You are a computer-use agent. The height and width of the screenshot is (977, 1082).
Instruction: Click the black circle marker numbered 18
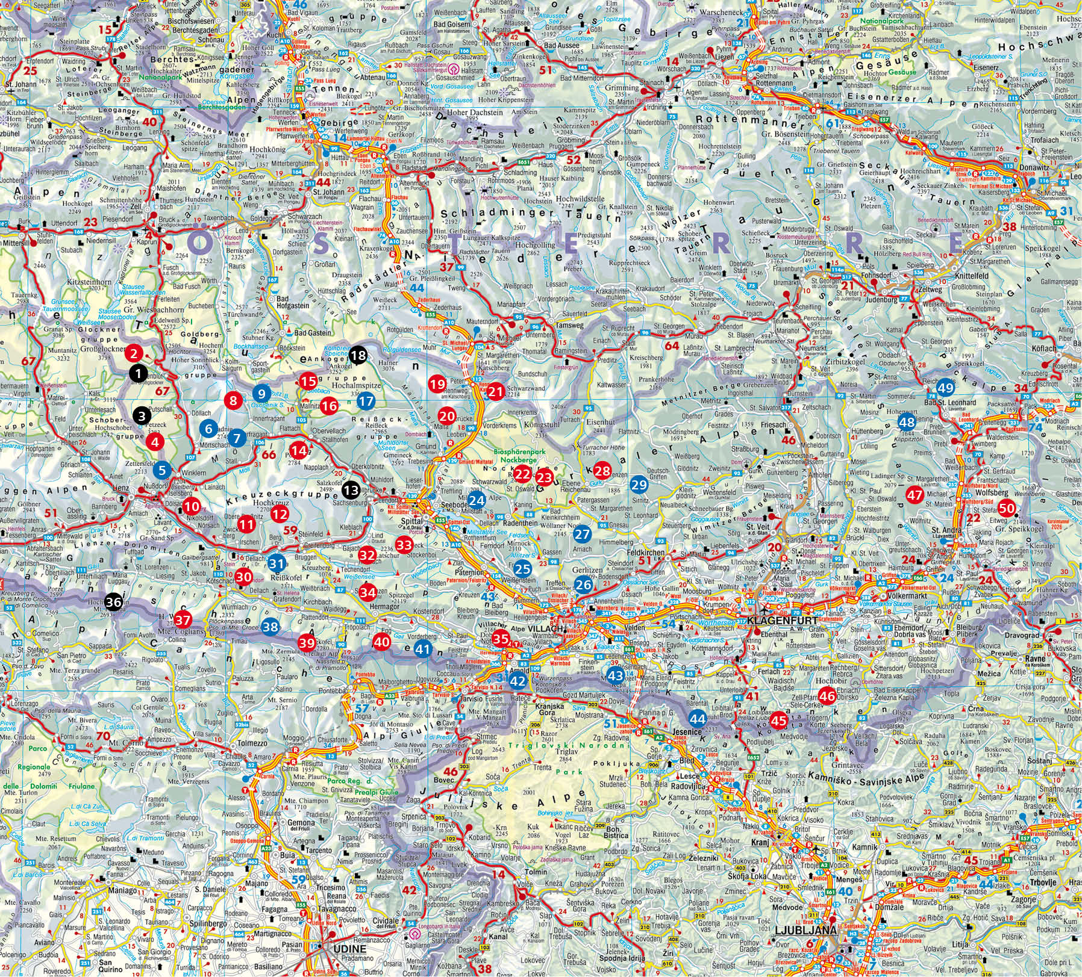pos(358,356)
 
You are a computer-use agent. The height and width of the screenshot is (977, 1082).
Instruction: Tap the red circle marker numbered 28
pos(601,471)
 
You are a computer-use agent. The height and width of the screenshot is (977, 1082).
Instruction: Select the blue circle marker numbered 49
pos(945,386)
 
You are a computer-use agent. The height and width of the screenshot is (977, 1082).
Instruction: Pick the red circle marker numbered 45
pos(779,719)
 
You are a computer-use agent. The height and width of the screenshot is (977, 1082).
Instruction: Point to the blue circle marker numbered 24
pos(477,500)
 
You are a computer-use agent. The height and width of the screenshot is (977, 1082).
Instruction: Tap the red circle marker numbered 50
pos(1005,507)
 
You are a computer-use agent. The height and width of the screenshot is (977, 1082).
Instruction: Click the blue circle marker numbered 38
pos(270,627)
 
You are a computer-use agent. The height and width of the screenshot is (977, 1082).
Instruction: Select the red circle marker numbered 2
pos(135,353)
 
